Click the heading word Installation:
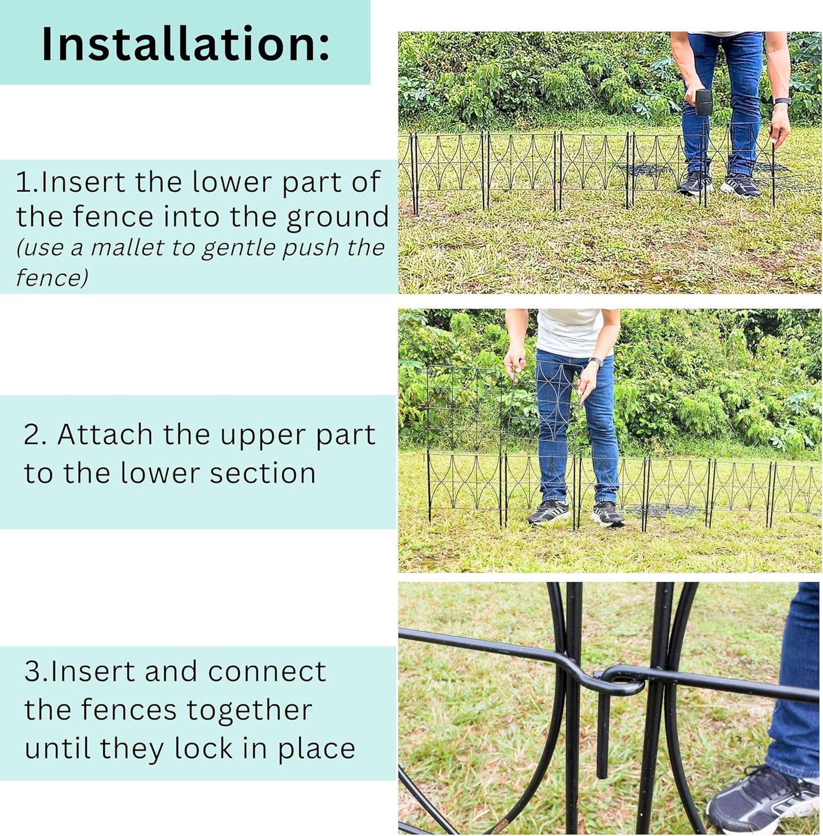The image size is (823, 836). point(185,44)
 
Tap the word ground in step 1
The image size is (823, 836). point(337,218)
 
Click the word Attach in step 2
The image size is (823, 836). point(105,435)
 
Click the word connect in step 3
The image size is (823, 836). point(267,671)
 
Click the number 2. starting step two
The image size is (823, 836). point(35,435)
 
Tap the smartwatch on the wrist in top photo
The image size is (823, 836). point(781,101)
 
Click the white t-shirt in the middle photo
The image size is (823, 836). point(570,333)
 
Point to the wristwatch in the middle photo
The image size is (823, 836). point(595,362)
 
